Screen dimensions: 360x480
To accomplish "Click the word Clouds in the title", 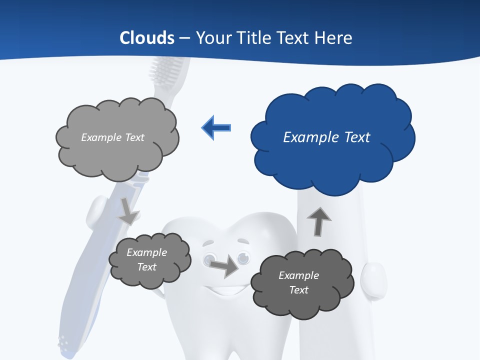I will pyautogui.click(x=147, y=38).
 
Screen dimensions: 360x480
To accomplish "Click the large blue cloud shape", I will pyautogui.click(x=332, y=160).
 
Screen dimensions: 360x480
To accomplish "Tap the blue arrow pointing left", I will pyautogui.click(x=216, y=128).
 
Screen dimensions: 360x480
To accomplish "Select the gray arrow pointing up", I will pyautogui.click(x=318, y=221).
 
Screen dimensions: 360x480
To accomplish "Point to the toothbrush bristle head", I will pyautogui.click(x=167, y=70).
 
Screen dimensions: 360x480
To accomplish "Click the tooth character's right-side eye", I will pyautogui.click(x=243, y=257).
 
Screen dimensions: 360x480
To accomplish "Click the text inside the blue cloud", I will pyautogui.click(x=326, y=137).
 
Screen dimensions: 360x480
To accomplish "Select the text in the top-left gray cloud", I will pyautogui.click(x=112, y=137).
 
